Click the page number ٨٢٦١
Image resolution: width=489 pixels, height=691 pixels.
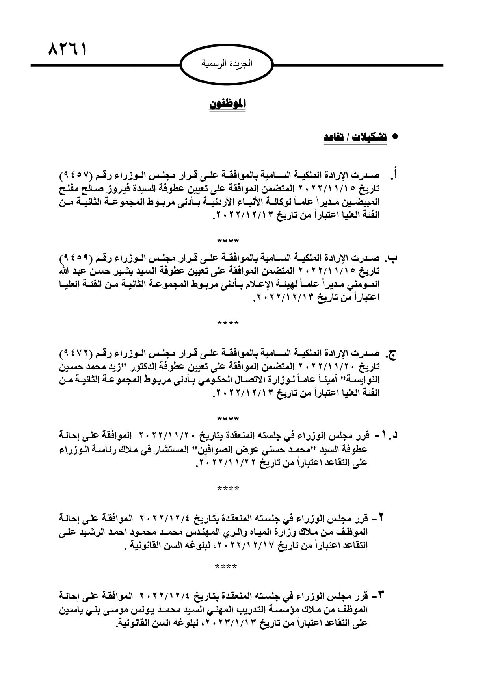coord(67,50)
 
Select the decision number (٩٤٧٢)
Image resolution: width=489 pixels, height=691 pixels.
coord(76,351)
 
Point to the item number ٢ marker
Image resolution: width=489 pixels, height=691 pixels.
coord(381,517)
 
